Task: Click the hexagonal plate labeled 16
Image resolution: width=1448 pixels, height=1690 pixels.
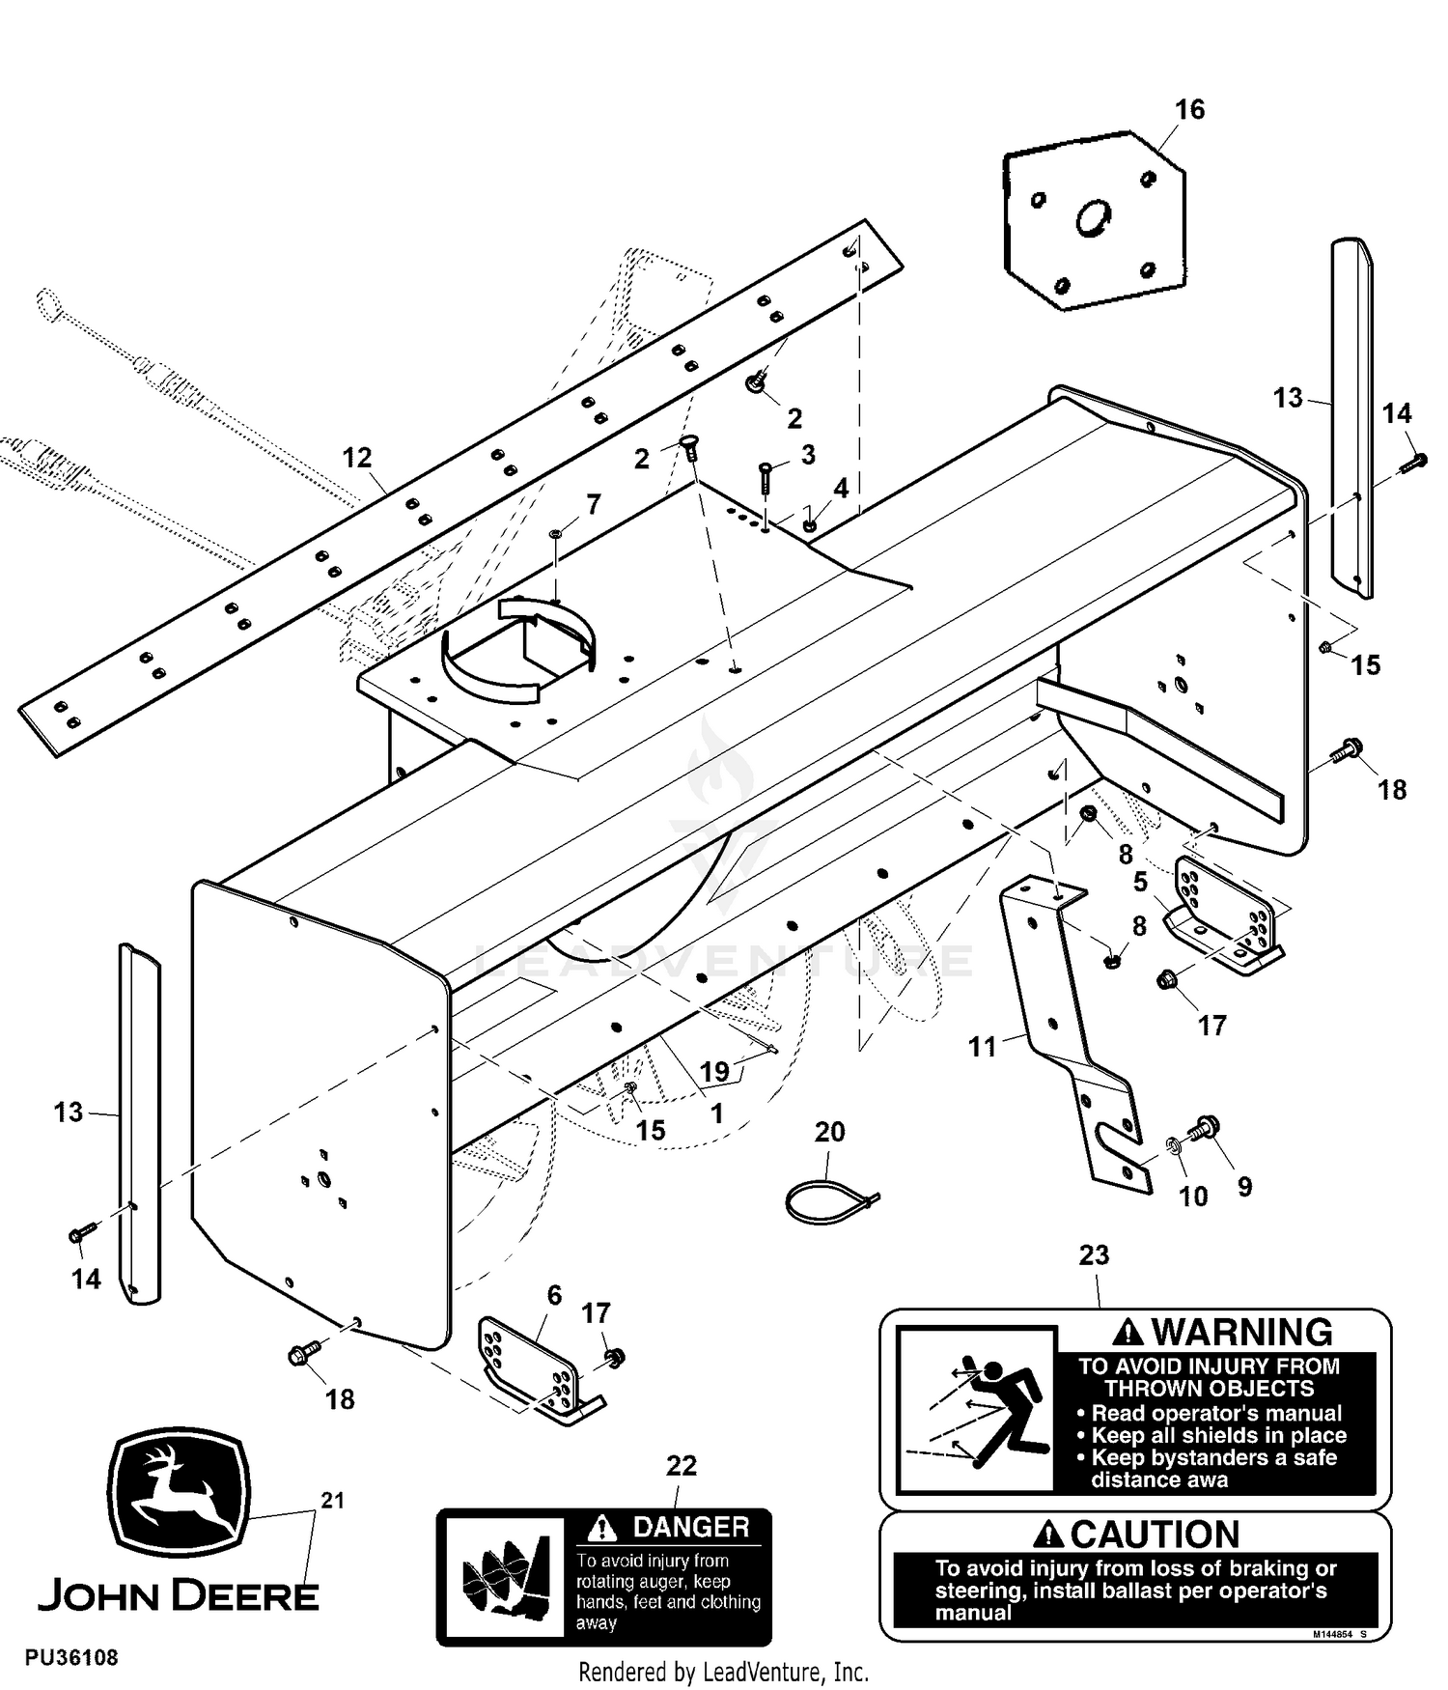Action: pyautogui.click(x=1094, y=220)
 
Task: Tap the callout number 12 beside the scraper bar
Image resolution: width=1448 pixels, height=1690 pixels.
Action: pyautogui.click(x=357, y=457)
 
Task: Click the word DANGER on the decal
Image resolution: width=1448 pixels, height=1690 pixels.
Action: pyautogui.click(x=691, y=1527)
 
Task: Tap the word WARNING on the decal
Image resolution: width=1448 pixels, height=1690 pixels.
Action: pyautogui.click(x=1242, y=1333)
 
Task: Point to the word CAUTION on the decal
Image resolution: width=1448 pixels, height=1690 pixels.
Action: pyautogui.click(x=1155, y=1535)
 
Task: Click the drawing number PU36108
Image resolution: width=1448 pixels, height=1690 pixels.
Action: pyautogui.click(x=72, y=1658)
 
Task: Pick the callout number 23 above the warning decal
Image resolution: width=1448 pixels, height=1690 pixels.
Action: pyautogui.click(x=1094, y=1255)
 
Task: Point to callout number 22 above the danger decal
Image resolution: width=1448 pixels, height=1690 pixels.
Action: pyautogui.click(x=682, y=1465)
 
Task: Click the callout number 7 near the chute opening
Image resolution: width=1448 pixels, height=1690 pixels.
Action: pyautogui.click(x=593, y=504)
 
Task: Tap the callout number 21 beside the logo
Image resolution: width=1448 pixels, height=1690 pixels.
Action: pyautogui.click(x=332, y=1501)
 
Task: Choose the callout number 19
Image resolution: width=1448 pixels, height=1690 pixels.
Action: pyautogui.click(x=714, y=1071)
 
